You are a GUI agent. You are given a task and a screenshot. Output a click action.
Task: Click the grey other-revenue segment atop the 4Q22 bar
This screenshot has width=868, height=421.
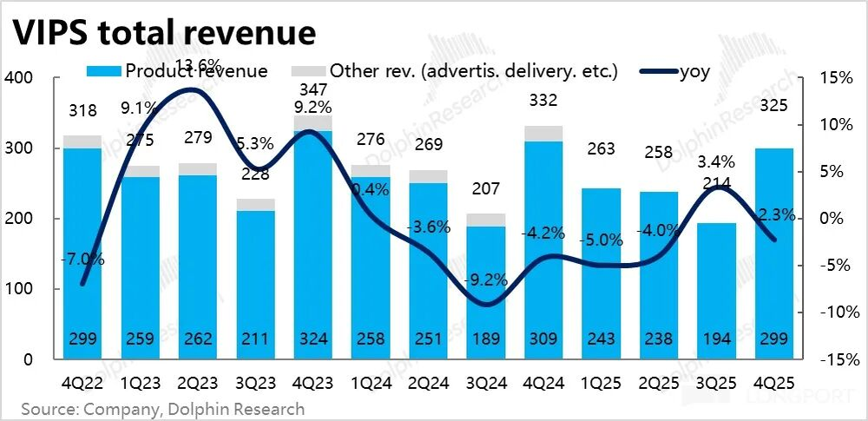tap(82, 141)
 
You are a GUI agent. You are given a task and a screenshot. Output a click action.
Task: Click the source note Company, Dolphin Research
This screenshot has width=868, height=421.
tap(163, 408)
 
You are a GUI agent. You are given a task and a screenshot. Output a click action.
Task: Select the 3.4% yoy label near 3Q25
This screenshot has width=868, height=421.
tap(717, 161)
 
